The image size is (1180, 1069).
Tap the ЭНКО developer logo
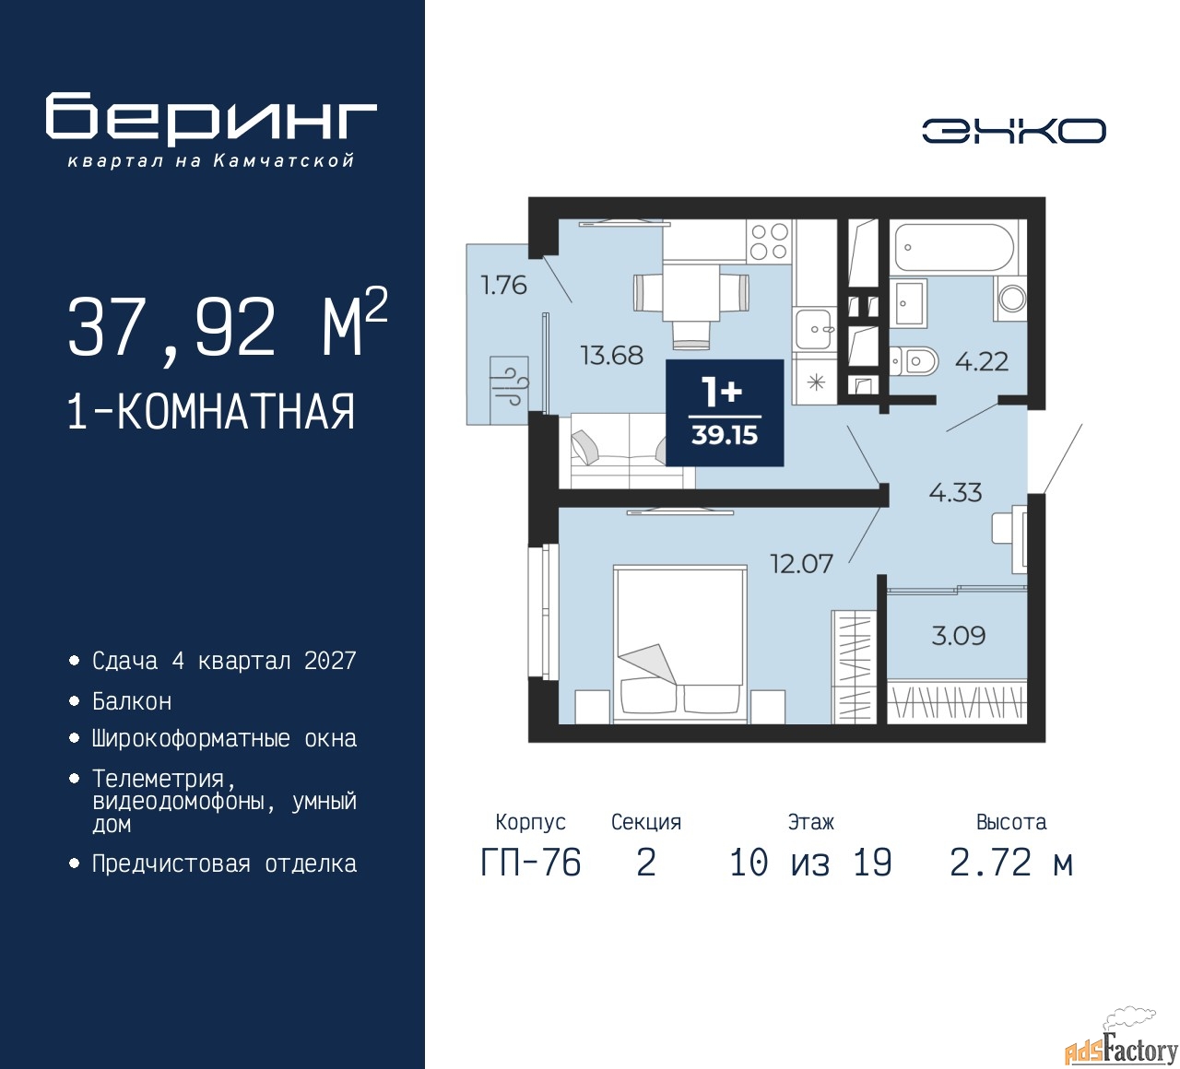click(1013, 131)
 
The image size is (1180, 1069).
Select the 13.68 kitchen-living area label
click(612, 355)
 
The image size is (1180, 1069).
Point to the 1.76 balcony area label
click(503, 285)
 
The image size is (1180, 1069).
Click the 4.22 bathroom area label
click(981, 361)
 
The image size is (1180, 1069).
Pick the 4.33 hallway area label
click(955, 492)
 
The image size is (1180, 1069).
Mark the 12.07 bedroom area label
click(802, 564)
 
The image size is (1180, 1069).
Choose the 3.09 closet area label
click(958, 635)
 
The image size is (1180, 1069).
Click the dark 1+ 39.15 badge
click(725, 413)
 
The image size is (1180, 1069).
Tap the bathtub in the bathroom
click(954, 248)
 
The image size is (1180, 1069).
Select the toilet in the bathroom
click(913, 361)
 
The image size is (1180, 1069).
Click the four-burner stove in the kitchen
click(770, 241)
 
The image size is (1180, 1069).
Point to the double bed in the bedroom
click(680, 644)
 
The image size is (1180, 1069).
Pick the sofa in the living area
click(632, 451)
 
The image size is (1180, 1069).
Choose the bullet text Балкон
click(132, 701)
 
